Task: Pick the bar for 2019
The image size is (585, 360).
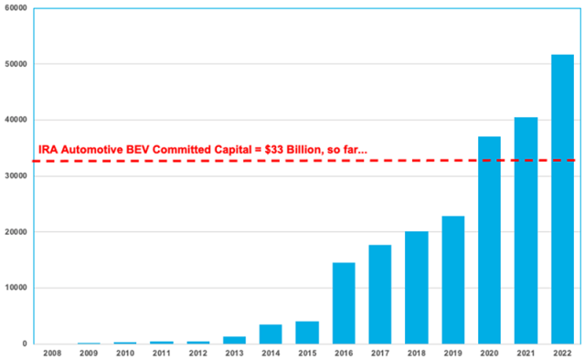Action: [x=452, y=280]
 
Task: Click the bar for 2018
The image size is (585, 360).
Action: [x=416, y=287]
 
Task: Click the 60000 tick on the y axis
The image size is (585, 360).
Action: [x=16, y=8]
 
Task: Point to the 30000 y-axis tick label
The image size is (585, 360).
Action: [x=16, y=176]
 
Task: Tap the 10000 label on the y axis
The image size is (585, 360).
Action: [x=16, y=288]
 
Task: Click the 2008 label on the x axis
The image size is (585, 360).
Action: [x=51, y=353]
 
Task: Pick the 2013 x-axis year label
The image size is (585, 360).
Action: [x=234, y=353]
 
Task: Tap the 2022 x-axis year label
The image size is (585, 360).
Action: [x=562, y=353]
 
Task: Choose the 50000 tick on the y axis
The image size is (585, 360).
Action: [x=16, y=65]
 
